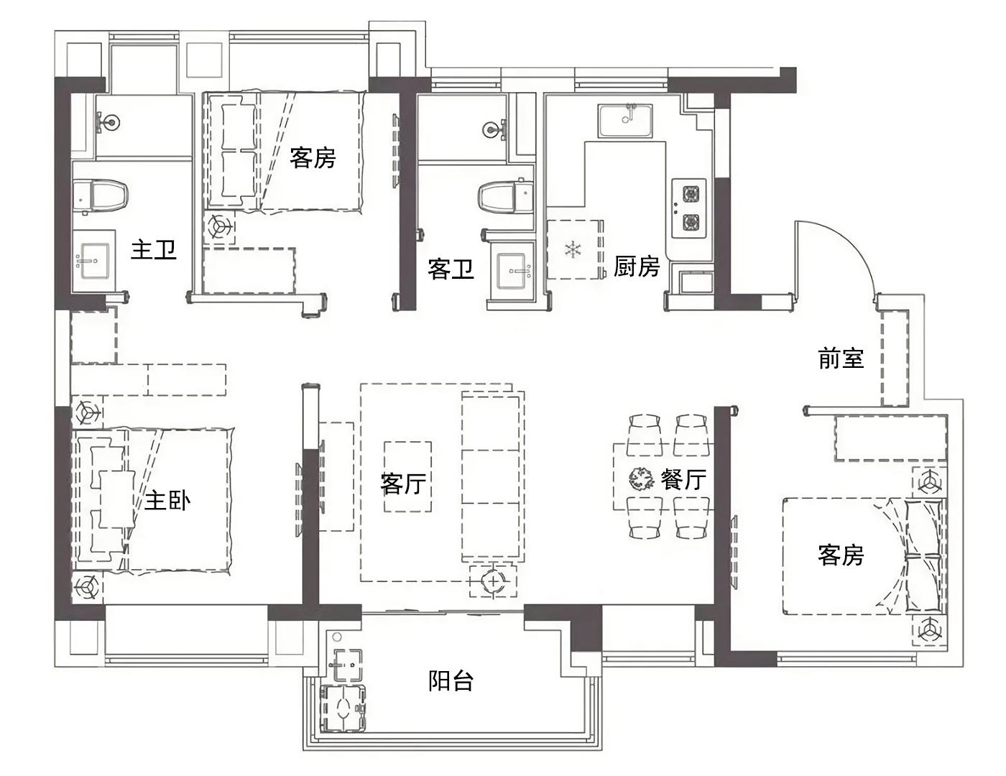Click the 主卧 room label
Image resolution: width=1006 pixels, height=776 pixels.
(x=167, y=501)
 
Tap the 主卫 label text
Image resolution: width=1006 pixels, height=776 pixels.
(x=154, y=250)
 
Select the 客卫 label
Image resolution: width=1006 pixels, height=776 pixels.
(x=451, y=269)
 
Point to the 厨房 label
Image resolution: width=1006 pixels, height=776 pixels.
(x=637, y=266)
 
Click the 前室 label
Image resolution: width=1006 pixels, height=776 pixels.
(x=841, y=359)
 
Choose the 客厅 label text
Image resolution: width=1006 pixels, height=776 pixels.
(x=403, y=484)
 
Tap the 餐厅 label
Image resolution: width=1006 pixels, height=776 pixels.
(x=683, y=479)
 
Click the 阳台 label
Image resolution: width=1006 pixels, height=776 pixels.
(x=451, y=680)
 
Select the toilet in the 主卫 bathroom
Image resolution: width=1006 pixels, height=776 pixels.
(x=100, y=197)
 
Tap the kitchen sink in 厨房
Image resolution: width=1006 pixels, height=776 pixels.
(x=625, y=121)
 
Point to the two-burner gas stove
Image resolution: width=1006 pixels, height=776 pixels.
(x=689, y=208)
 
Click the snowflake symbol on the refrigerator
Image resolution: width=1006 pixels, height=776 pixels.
(x=573, y=249)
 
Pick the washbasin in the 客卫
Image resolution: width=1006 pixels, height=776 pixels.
(x=513, y=272)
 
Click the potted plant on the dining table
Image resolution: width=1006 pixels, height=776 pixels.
(x=641, y=479)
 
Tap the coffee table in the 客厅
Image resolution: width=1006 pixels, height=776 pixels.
(x=407, y=476)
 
